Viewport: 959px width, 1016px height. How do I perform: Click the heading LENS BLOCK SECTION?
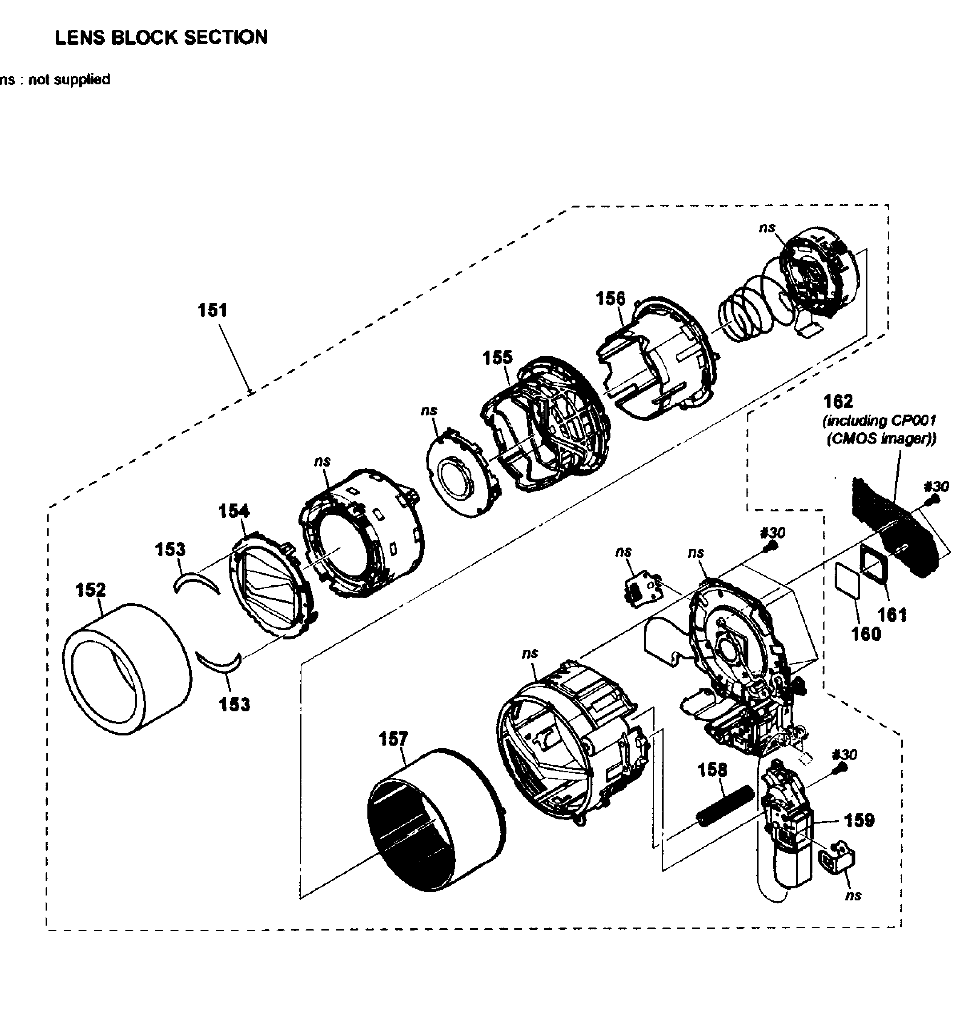(161, 37)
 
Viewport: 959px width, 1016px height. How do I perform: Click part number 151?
(212, 310)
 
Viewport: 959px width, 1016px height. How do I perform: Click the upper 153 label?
(170, 549)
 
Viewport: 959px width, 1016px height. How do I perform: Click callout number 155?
(497, 358)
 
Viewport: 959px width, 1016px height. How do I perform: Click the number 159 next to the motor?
(859, 820)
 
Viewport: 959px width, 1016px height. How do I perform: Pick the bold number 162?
(838, 401)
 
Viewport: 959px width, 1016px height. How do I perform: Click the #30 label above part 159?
(844, 755)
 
